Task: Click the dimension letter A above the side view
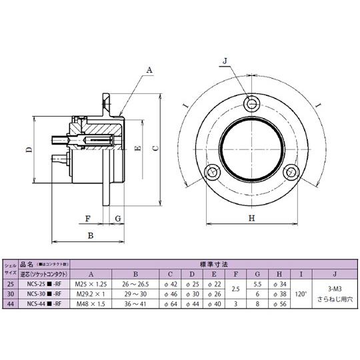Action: pyautogui.click(x=150, y=69)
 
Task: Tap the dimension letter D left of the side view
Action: pyautogui.click(x=29, y=150)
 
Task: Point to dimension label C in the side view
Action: pyautogui.click(x=155, y=149)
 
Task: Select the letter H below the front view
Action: pyautogui.click(x=251, y=218)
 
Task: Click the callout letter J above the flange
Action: pyautogui.click(x=225, y=61)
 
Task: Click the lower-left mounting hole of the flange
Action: pyautogui.click(x=212, y=172)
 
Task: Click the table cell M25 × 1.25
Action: pyautogui.click(x=91, y=283)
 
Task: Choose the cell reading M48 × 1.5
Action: pyautogui.click(x=91, y=303)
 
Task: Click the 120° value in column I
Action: pyautogui.click(x=300, y=293)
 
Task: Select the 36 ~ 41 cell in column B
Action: pyautogui.click(x=135, y=303)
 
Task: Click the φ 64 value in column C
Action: pyautogui.click(x=171, y=303)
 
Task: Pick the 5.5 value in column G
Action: pyautogui.click(x=257, y=283)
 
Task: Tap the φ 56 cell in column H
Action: pyautogui.click(x=279, y=303)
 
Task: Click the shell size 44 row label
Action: pyautogui.click(x=9, y=303)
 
